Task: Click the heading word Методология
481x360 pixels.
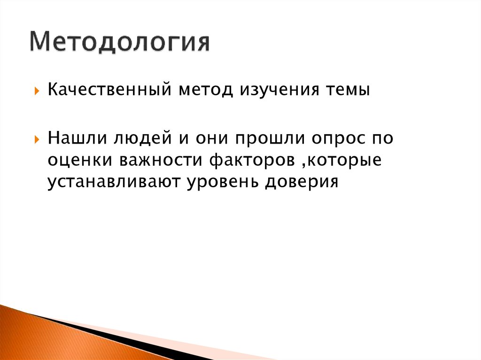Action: click(x=120, y=42)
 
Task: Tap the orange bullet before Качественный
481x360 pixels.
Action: click(x=37, y=91)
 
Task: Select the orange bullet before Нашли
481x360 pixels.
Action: click(x=37, y=140)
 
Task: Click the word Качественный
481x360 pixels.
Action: click(x=109, y=90)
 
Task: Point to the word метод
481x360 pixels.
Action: click(x=206, y=90)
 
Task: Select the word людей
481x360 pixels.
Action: click(x=143, y=138)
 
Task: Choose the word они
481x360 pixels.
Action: click(x=212, y=138)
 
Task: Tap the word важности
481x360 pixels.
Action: click(x=161, y=160)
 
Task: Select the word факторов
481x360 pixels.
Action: click(x=252, y=160)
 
